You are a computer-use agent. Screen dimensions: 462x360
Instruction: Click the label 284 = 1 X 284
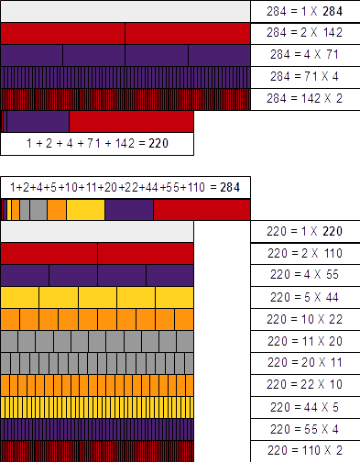(x=305, y=11)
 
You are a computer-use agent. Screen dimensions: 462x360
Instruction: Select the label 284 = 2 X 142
(x=305, y=32)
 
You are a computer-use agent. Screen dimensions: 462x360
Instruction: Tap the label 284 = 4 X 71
(x=305, y=54)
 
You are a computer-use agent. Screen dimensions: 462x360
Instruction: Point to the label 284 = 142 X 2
(x=305, y=98)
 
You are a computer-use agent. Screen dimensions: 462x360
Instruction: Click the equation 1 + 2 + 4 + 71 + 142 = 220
(x=98, y=143)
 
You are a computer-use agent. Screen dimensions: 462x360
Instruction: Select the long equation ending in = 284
(x=124, y=187)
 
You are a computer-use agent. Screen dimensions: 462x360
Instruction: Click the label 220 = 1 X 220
(x=305, y=231)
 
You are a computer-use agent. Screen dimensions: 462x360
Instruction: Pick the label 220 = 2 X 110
(x=305, y=253)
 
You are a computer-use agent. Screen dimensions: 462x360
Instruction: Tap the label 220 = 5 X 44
(x=305, y=297)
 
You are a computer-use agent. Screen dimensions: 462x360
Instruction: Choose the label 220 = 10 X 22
(x=305, y=319)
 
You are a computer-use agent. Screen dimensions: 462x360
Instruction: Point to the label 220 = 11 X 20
(x=305, y=341)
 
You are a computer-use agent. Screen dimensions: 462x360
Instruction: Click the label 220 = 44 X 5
(x=305, y=407)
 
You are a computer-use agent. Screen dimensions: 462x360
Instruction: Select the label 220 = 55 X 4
(x=305, y=429)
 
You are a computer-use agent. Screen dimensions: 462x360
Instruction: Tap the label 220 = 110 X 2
(x=305, y=451)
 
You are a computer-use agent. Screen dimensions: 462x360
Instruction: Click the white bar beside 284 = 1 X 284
(x=125, y=11)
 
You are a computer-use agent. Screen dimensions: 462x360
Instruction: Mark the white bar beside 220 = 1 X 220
(x=97, y=231)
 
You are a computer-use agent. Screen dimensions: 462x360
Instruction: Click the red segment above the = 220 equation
(x=131, y=121)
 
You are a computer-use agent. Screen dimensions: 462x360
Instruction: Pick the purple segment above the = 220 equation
(x=38, y=121)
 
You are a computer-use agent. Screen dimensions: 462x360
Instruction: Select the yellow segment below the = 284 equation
(x=85, y=210)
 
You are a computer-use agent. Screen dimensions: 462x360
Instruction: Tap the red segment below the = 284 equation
(x=201, y=210)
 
